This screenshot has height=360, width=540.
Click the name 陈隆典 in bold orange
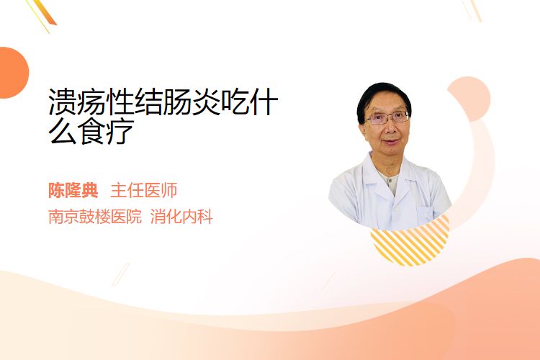(73, 190)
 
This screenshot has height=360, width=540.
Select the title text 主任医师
(144, 190)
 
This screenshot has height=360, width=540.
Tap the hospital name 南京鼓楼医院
(95, 217)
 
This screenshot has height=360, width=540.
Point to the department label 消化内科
(181, 217)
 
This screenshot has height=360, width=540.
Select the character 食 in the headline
(91, 131)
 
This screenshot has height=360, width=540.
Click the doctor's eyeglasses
(387, 118)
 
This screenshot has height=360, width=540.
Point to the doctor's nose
(390, 128)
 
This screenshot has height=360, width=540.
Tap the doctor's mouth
(391, 142)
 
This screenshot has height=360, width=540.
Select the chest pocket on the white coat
(424, 214)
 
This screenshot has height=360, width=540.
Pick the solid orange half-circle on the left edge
(13, 73)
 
